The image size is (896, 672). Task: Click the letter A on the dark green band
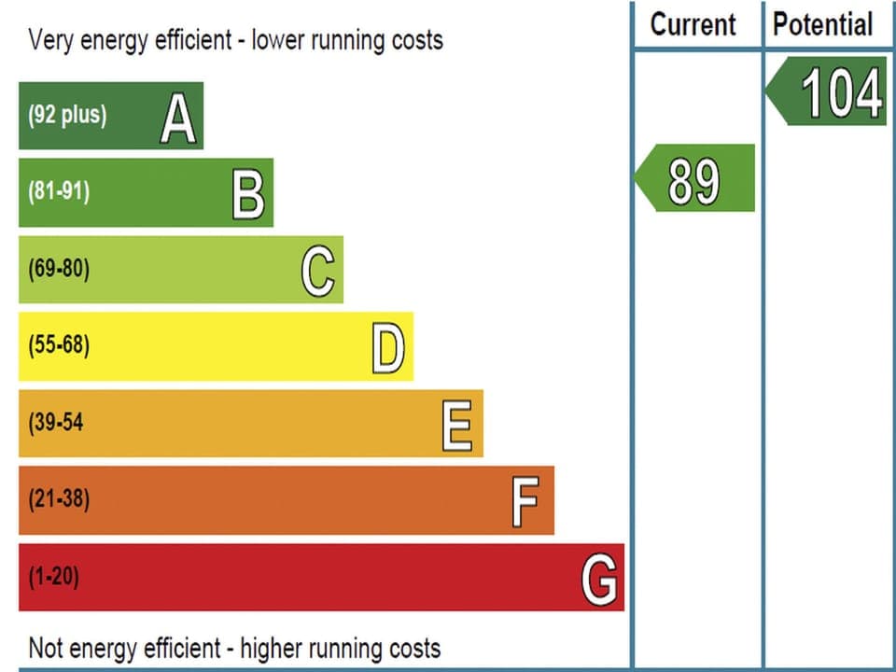(177, 120)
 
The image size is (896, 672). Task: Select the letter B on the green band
(248, 196)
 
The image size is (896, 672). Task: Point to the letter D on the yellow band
(388, 350)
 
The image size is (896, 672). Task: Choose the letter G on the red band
(599, 580)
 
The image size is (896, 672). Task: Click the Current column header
(693, 24)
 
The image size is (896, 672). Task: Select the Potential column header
(822, 24)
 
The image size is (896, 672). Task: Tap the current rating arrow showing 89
(695, 178)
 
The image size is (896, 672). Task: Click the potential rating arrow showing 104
(827, 91)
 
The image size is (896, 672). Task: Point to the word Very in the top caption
(49, 40)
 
